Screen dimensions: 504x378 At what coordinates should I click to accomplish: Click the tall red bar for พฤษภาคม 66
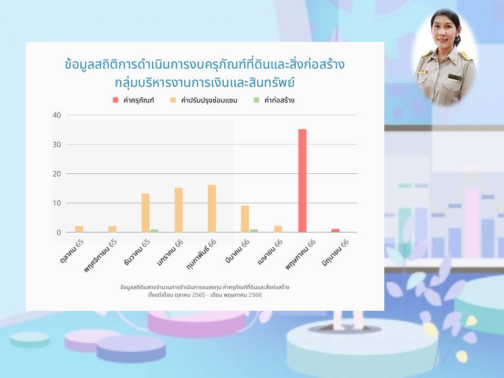[302, 181]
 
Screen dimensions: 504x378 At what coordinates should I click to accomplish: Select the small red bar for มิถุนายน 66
[335, 230]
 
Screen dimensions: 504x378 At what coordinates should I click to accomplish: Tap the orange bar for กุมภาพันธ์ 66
[212, 208]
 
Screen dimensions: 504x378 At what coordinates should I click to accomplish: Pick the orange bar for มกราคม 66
[178, 210]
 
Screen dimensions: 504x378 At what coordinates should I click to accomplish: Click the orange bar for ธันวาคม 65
[145, 213]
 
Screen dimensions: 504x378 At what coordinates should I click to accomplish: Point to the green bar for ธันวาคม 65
[154, 231]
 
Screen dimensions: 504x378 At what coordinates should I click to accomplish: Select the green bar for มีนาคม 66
[254, 231]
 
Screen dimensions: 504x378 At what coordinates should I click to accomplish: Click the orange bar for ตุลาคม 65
[79, 229]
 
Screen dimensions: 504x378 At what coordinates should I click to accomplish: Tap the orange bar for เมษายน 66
[278, 229]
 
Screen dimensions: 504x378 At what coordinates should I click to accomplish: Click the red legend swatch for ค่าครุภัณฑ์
[115, 100]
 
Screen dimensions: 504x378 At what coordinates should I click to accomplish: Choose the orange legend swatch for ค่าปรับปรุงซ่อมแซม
[173, 100]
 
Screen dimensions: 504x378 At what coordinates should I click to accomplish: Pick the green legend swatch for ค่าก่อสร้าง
[256, 100]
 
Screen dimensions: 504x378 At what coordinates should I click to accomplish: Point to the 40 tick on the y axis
[57, 115]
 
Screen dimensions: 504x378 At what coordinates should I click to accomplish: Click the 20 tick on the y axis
[57, 174]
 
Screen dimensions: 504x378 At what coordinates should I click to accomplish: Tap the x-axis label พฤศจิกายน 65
[101, 256]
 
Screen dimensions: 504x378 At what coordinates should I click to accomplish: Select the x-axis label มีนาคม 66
[237, 251]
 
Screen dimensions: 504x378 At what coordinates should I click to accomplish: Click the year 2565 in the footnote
[198, 295]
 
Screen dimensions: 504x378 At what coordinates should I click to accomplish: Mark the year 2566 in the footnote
[255, 295]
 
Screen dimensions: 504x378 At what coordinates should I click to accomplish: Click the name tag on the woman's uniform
[455, 78]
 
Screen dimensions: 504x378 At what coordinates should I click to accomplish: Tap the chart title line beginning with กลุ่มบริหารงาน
[205, 82]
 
